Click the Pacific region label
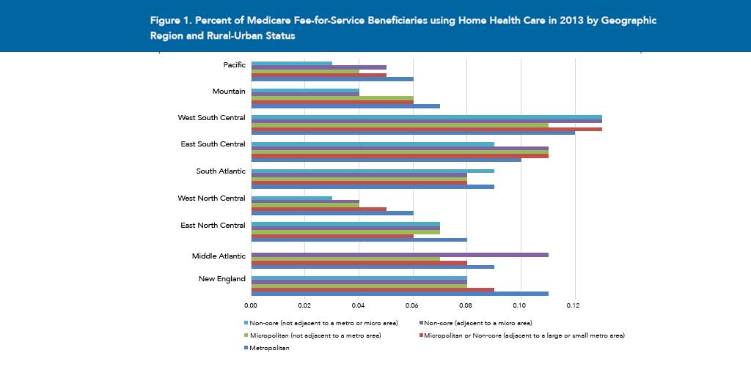[234, 65]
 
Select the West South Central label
[211, 118]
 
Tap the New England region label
[221, 278]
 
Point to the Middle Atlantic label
[219, 256]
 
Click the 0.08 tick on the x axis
[466, 304]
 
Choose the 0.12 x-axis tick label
[574, 304]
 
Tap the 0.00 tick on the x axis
[251, 304]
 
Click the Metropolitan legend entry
[268, 348]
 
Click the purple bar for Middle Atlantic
[400, 254]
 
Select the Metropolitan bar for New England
[400, 294]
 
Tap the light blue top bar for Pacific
[291, 64]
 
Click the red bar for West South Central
[426, 129]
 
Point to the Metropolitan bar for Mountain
[345, 106]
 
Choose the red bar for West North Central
[318, 209]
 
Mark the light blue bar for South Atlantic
[373, 171]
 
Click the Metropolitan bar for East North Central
[359, 240]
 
